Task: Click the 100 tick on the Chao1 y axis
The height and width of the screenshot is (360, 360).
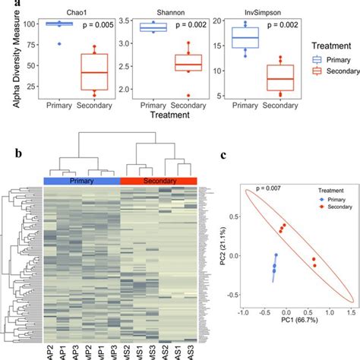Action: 27,24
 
